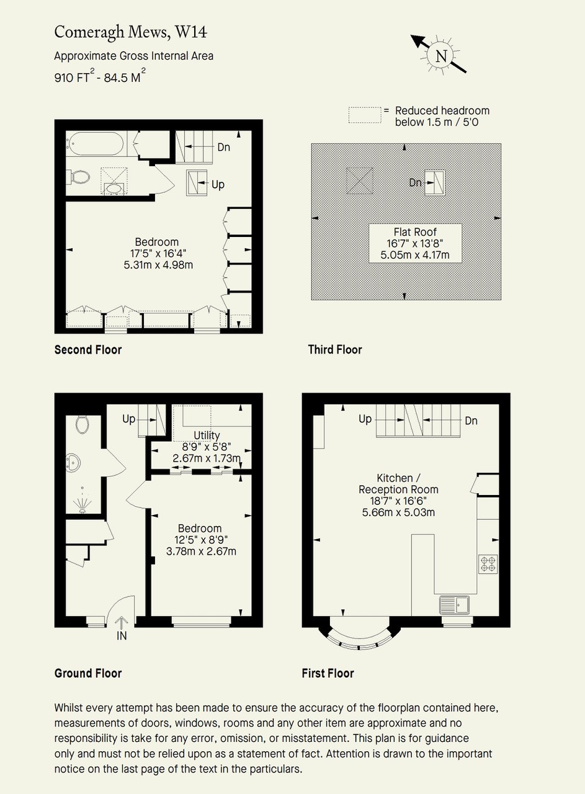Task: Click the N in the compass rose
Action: pyautogui.click(x=441, y=56)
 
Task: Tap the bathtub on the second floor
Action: pyautogui.click(x=95, y=143)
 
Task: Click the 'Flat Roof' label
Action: pyautogui.click(x=415, y=232)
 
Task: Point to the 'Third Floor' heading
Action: pyautogui.click(x=335, y=349)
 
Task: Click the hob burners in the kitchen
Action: pyautogui.click(x=488, y=564)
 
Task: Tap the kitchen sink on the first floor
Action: pyautogui.click(x=455, y=604)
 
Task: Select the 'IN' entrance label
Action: pyautogui.click(x=122, y=636)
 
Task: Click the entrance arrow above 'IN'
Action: pyautogui.click(x=122, y=622)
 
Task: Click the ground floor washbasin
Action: pyautogui.click(x=73, y=463)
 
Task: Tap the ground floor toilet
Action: pyautogui.click(x=83, y=424)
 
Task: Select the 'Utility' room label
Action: pyautogui.click(x=207, y=435)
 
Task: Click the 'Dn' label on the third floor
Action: pyautogui.click(x=415, y=182)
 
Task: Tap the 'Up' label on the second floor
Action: pyautogui.click(x=218, y=185)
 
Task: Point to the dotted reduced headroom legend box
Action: pyautogui.click(x=365, y=115)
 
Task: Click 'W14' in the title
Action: pyautogui.click(x=191, y=32)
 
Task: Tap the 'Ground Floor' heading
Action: pyautogui.click(x=88, y=673)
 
